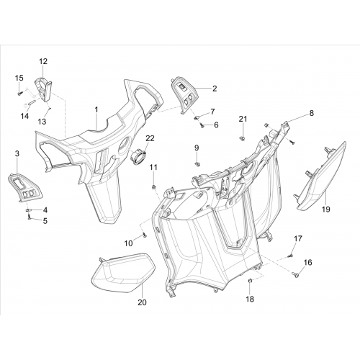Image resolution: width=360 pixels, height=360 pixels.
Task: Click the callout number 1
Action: [x=96, y=110]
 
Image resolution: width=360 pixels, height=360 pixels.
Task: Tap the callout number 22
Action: [x=150, y=138]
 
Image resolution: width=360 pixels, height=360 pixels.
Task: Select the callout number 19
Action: [x=326, y=210]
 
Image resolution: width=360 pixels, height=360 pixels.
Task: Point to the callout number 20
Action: [x=142, y=302]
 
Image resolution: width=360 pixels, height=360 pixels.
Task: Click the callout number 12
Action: [x=43, y=61]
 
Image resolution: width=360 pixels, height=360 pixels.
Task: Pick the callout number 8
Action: [x=311, y=113]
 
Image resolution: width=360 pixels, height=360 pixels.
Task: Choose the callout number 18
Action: [x=250, y=299]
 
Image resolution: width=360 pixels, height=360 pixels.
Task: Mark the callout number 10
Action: [x=128, y=243]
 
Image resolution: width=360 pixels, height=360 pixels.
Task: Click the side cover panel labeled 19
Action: [x=320, y=178]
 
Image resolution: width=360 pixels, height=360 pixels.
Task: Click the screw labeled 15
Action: [x=19, y=94]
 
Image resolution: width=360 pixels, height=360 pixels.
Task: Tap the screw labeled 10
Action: [x=145, y=235]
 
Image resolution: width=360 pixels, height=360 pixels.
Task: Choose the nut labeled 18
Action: [x=250, y=281]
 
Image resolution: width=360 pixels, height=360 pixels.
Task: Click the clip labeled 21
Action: [x=243, y=138]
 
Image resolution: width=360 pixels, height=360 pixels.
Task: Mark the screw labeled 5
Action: [x=30, y=217]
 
